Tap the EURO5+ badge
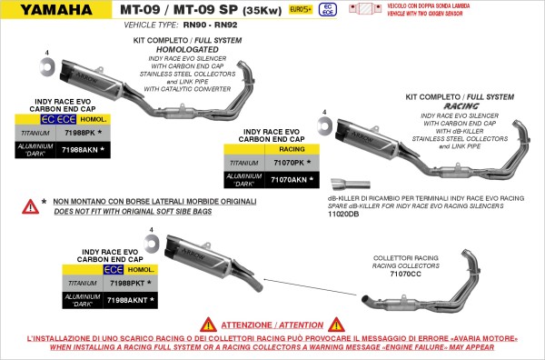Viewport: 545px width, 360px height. coord(298,10)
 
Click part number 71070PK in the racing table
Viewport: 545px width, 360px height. coord(291,163)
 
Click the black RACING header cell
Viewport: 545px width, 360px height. coord(292,146)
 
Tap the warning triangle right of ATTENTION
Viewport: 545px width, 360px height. coord(337,323)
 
